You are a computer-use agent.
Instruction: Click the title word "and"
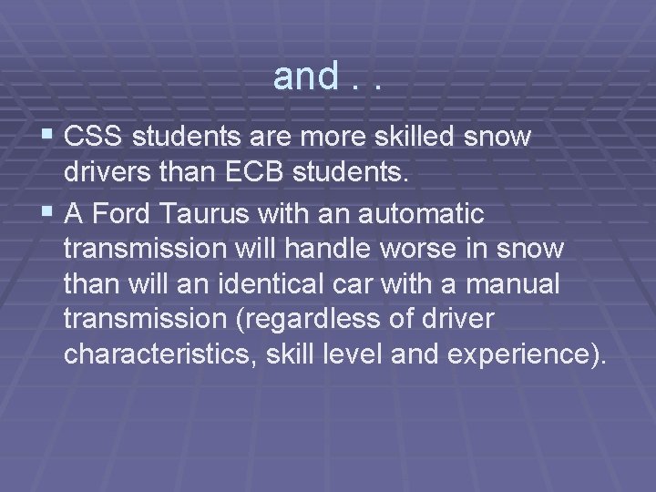(306, 77)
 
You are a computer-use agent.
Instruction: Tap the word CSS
(97, 138)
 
